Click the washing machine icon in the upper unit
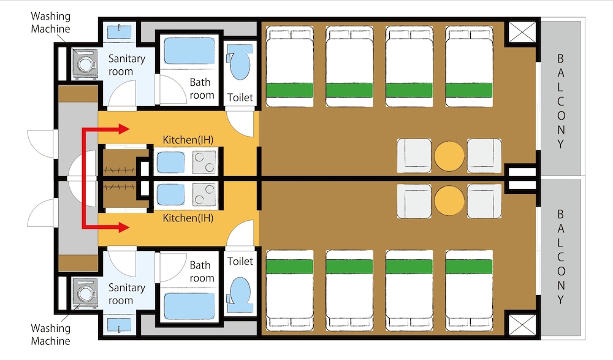click(85, 64)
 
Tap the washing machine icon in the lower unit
click(85, 294)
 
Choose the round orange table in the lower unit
click(450, 201)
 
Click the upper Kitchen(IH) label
click(188, 140)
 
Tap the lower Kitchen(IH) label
click(188, 218)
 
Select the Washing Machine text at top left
click(50, 23)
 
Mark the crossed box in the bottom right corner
click(521, 323)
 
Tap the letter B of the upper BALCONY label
click(560, 59)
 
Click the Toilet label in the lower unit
click(240, 261)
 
